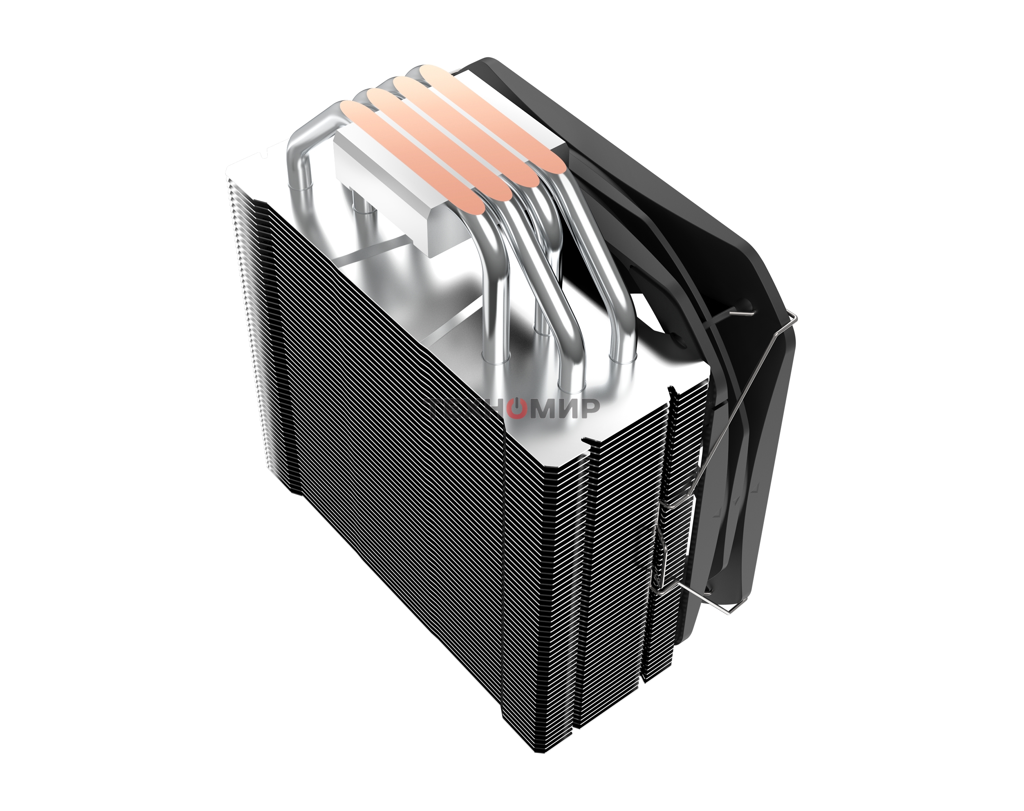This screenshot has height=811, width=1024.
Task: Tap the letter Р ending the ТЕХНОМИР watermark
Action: (x=588, y=408)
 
